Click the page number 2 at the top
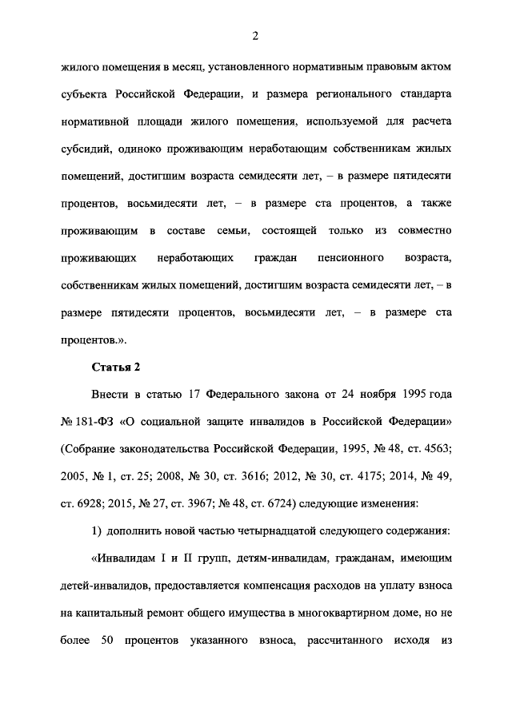pos(255,36)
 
